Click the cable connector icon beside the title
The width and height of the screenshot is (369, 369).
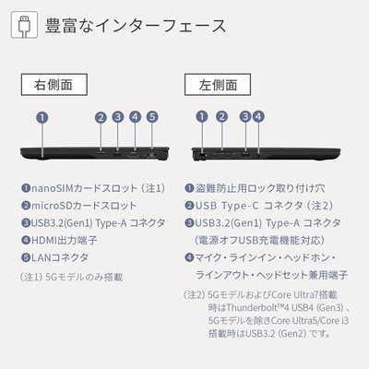(24, 25)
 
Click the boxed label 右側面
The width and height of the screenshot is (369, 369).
(54, 85)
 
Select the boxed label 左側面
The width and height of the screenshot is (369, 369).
(218, 85)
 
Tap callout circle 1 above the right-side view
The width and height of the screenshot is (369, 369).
(42, 117)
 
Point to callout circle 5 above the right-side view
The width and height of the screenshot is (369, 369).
(152, 117)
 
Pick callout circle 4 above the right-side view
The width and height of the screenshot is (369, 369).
(135, 117)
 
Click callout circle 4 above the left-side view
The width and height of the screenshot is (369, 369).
(258, 116)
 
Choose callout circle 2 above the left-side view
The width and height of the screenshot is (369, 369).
(221, 116)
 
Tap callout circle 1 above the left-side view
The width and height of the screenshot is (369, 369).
(202, 116)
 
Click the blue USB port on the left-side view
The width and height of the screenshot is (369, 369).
(245, 153)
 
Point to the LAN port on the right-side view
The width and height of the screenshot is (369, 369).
(151, 155)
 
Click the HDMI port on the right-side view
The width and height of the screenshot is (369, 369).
(134, 155)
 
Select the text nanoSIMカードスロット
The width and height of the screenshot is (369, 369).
(85, 188)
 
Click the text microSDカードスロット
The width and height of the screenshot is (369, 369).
(84, 206)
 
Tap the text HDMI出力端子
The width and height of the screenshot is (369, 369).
(65, 240)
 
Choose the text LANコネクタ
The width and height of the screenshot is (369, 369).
(60, 257)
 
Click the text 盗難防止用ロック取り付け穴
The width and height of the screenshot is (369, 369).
(260, 188)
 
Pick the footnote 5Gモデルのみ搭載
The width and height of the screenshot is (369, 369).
(84, 277)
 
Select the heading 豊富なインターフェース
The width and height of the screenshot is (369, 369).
(136, 26)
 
